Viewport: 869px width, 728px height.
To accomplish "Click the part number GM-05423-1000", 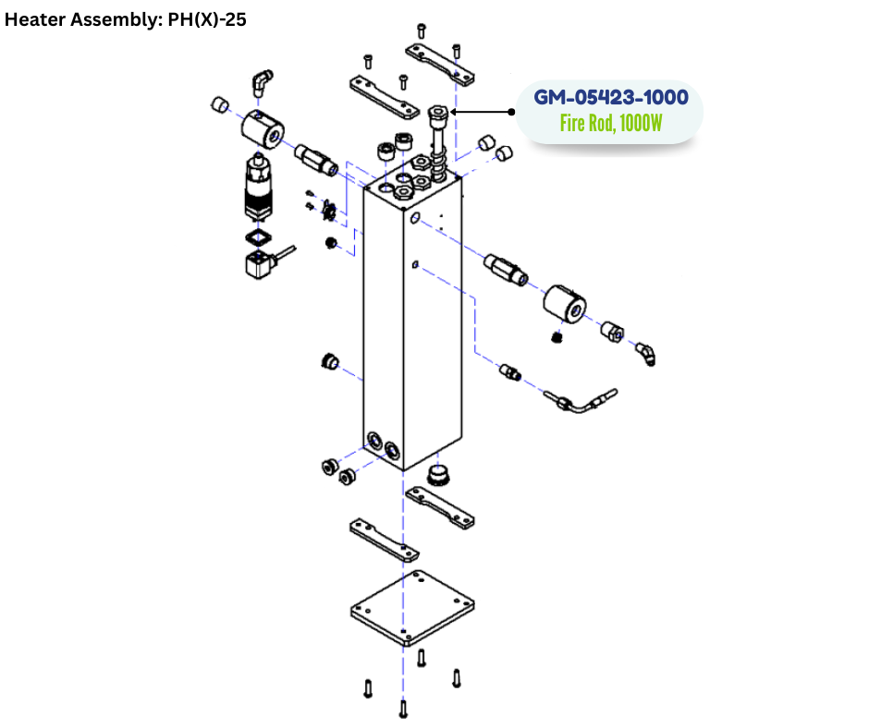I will coord(611,98).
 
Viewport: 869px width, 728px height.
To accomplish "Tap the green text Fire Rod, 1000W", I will coord(611,123).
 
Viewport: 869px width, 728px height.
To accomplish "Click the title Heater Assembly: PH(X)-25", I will coord(126,19).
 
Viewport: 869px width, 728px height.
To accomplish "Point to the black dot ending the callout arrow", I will coord(511,112).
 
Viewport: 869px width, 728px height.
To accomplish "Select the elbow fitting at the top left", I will coord(262,82).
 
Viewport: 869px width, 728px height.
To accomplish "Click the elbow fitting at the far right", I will coord(646,353).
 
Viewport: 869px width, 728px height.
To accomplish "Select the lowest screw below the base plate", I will coord(403,709).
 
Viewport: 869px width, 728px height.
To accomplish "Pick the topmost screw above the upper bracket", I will coord(421,30).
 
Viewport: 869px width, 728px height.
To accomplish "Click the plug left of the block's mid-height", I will coord(327,359).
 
